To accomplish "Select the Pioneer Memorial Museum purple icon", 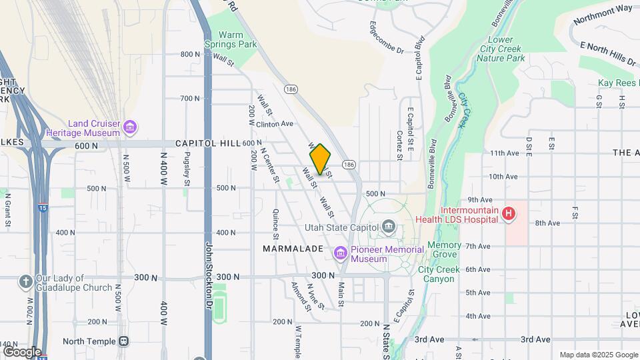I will point(340,253).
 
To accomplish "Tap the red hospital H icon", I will point(509,213).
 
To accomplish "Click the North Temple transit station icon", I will point(123,341).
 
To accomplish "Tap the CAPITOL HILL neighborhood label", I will point(207,143).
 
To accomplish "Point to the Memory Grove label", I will point(444,249).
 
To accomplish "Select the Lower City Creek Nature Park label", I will point(501,49).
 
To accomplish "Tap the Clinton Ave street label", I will point(275,124).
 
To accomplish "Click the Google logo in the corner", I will point(21,351).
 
